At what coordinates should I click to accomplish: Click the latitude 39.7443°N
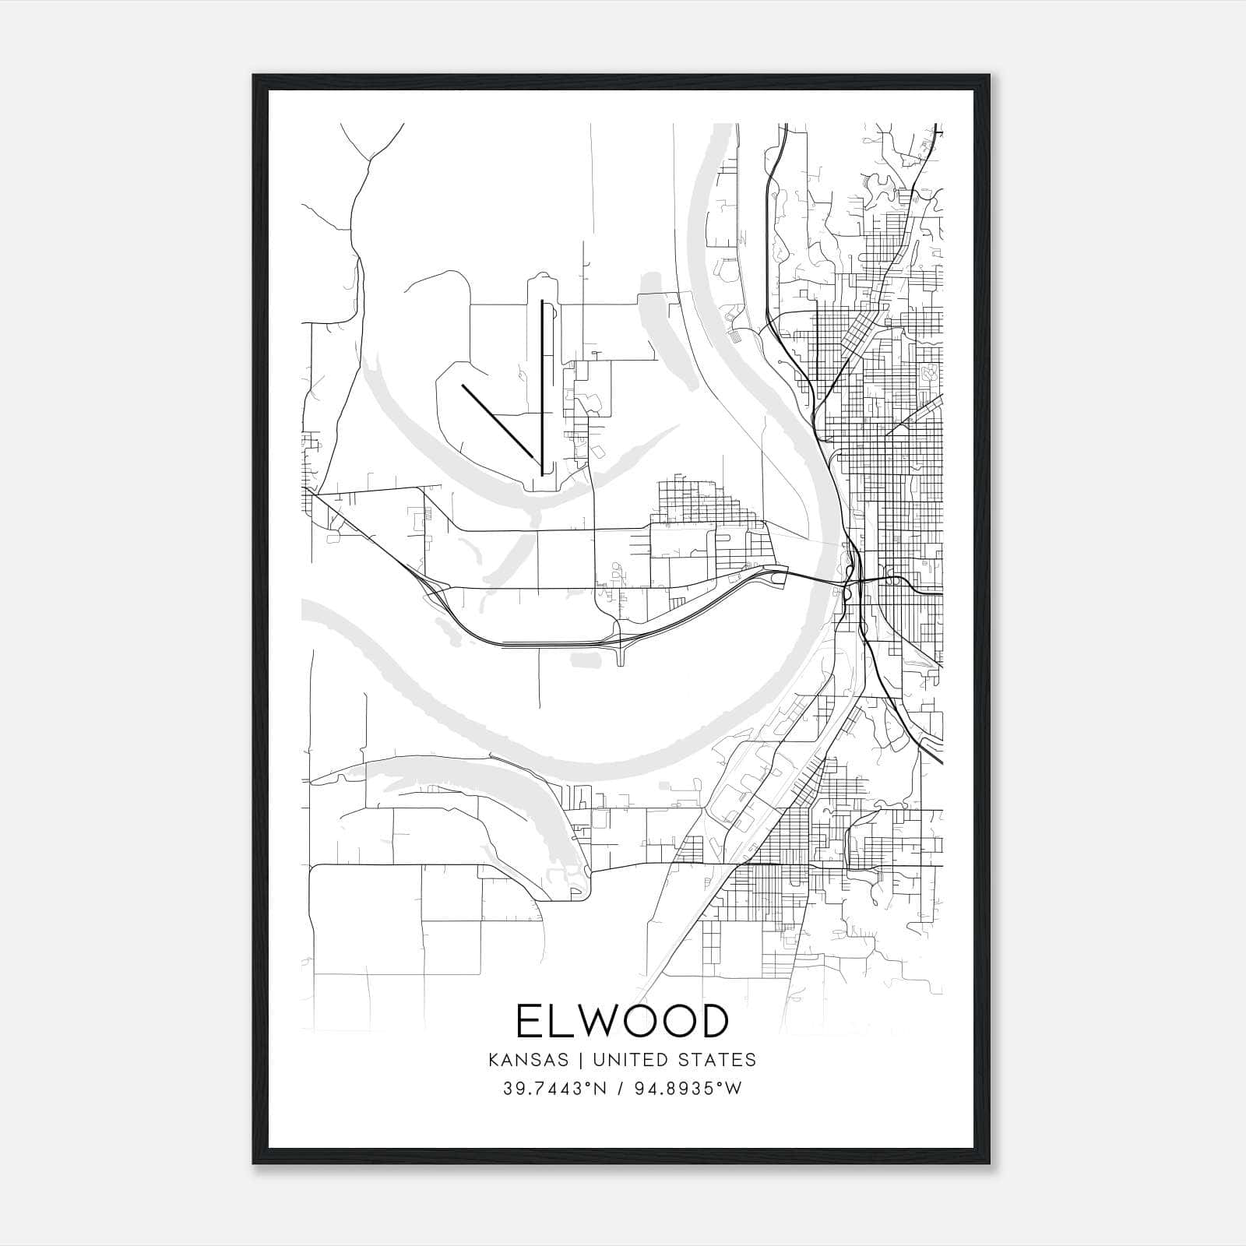(x=554, y=1089)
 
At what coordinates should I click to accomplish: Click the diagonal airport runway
(x=498, y=421)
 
